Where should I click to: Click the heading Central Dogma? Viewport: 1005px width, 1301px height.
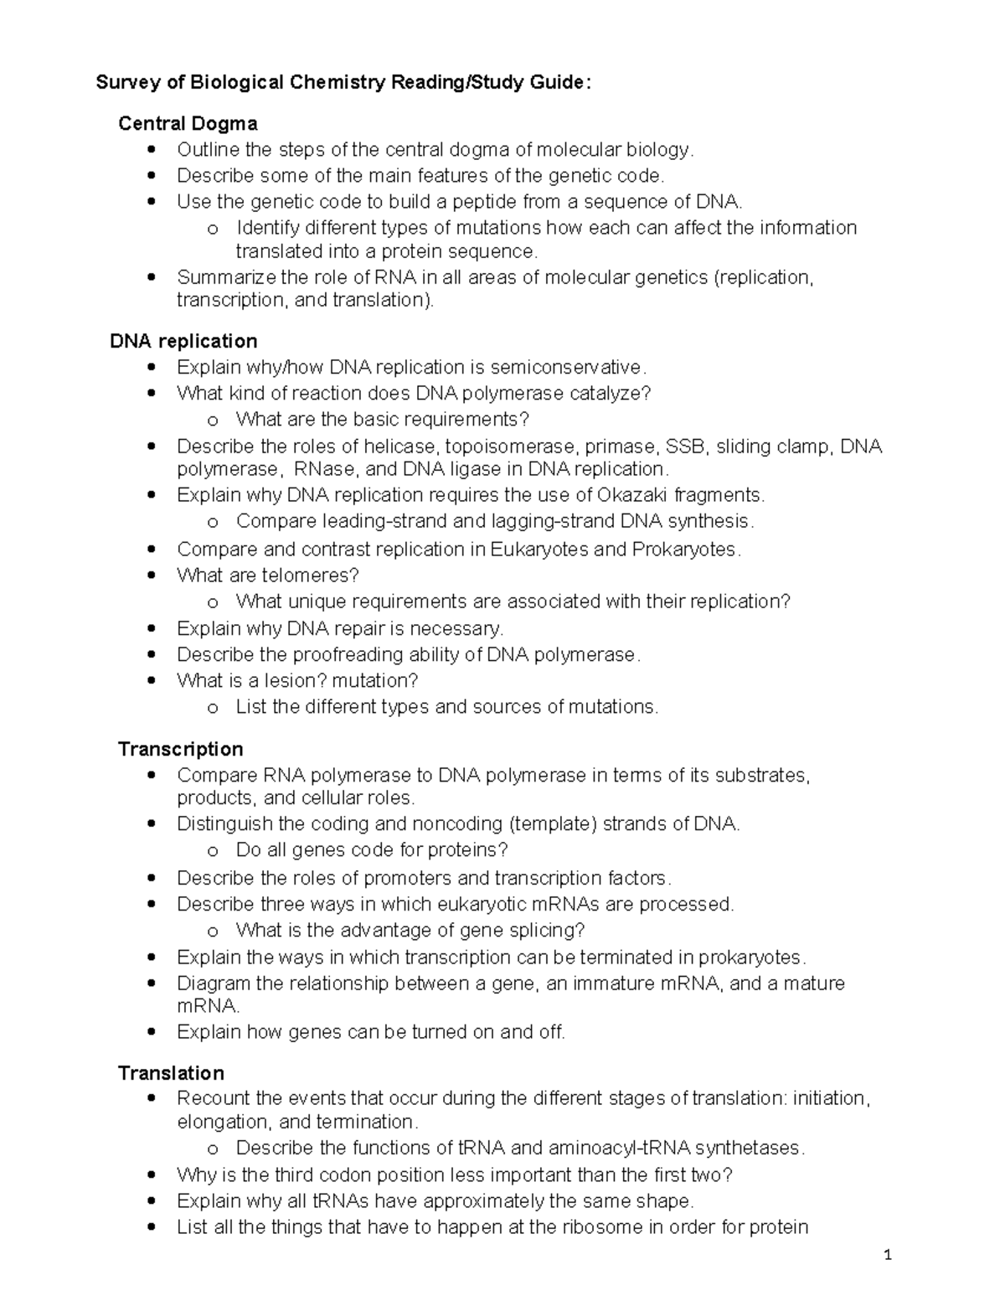188,124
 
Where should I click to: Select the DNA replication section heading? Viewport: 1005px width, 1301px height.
183,341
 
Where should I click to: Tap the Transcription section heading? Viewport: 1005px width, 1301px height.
181,749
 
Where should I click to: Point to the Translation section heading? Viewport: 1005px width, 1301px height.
171,1073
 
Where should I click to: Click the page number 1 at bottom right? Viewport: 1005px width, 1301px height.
888,1255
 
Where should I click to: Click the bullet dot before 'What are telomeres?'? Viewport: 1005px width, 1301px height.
152,576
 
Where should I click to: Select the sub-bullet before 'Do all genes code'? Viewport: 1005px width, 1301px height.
213,851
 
